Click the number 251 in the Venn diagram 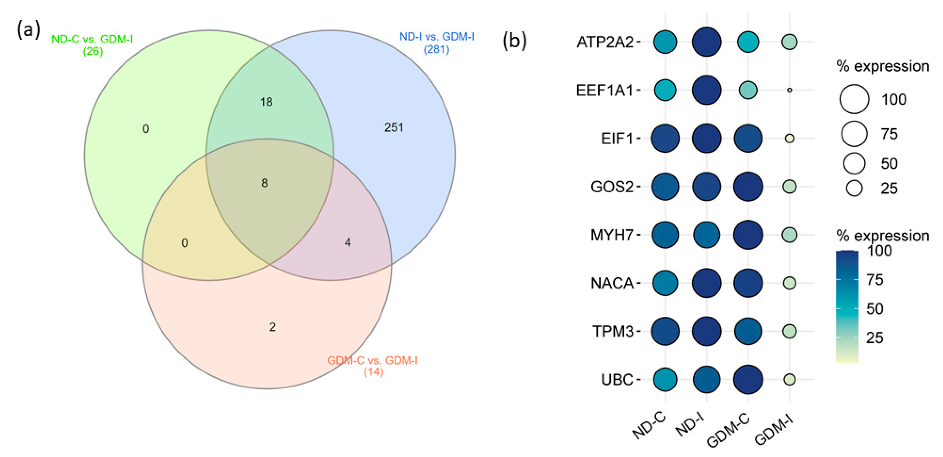pos(393,127)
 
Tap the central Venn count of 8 pos(264,183)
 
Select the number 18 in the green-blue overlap pos(266,102)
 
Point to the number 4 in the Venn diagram pos(347,242)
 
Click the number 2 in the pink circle pos(272,327)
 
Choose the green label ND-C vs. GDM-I pos(92,44)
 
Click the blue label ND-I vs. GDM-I pos(436,42)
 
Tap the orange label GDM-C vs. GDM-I pos(372,366)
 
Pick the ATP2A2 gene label pos(605,42)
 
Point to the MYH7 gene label pos(612,235)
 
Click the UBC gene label pos(617,380)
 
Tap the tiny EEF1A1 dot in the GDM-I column pos(790,90)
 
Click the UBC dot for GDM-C pos(748,379)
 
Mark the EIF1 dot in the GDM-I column pos(790,138)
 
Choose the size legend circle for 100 pos(854,99)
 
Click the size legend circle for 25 pos(854,188)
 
